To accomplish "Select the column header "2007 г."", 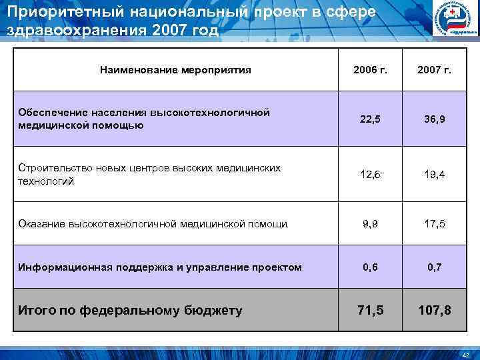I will [x=434, y=69].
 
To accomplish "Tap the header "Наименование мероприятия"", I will [x=175, y=69].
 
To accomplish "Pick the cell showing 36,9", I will [x=434, y=119].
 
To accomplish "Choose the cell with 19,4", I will [x=434, y=175].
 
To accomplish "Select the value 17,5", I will [x=434, y=224].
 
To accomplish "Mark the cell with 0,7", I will [x=434, y=267].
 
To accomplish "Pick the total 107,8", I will [x=434, y=310].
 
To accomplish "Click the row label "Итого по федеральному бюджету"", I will [x=130, y=310].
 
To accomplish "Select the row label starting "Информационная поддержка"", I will [x=160, y=267].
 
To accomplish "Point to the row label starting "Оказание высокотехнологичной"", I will [x=153, y=224].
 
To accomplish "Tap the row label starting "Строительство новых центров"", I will [x=150, y=175].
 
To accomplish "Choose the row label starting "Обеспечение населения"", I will [x=144, y=119].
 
